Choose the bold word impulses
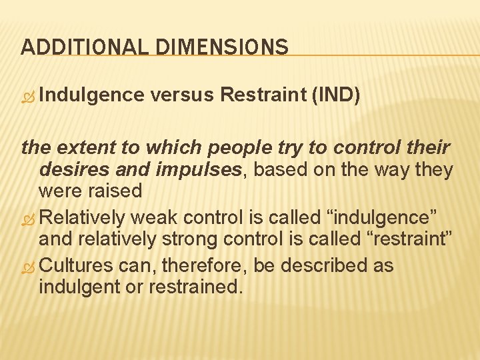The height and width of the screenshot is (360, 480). click(x=194, y=169)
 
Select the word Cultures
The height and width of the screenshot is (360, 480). click(x=77, y=265)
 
